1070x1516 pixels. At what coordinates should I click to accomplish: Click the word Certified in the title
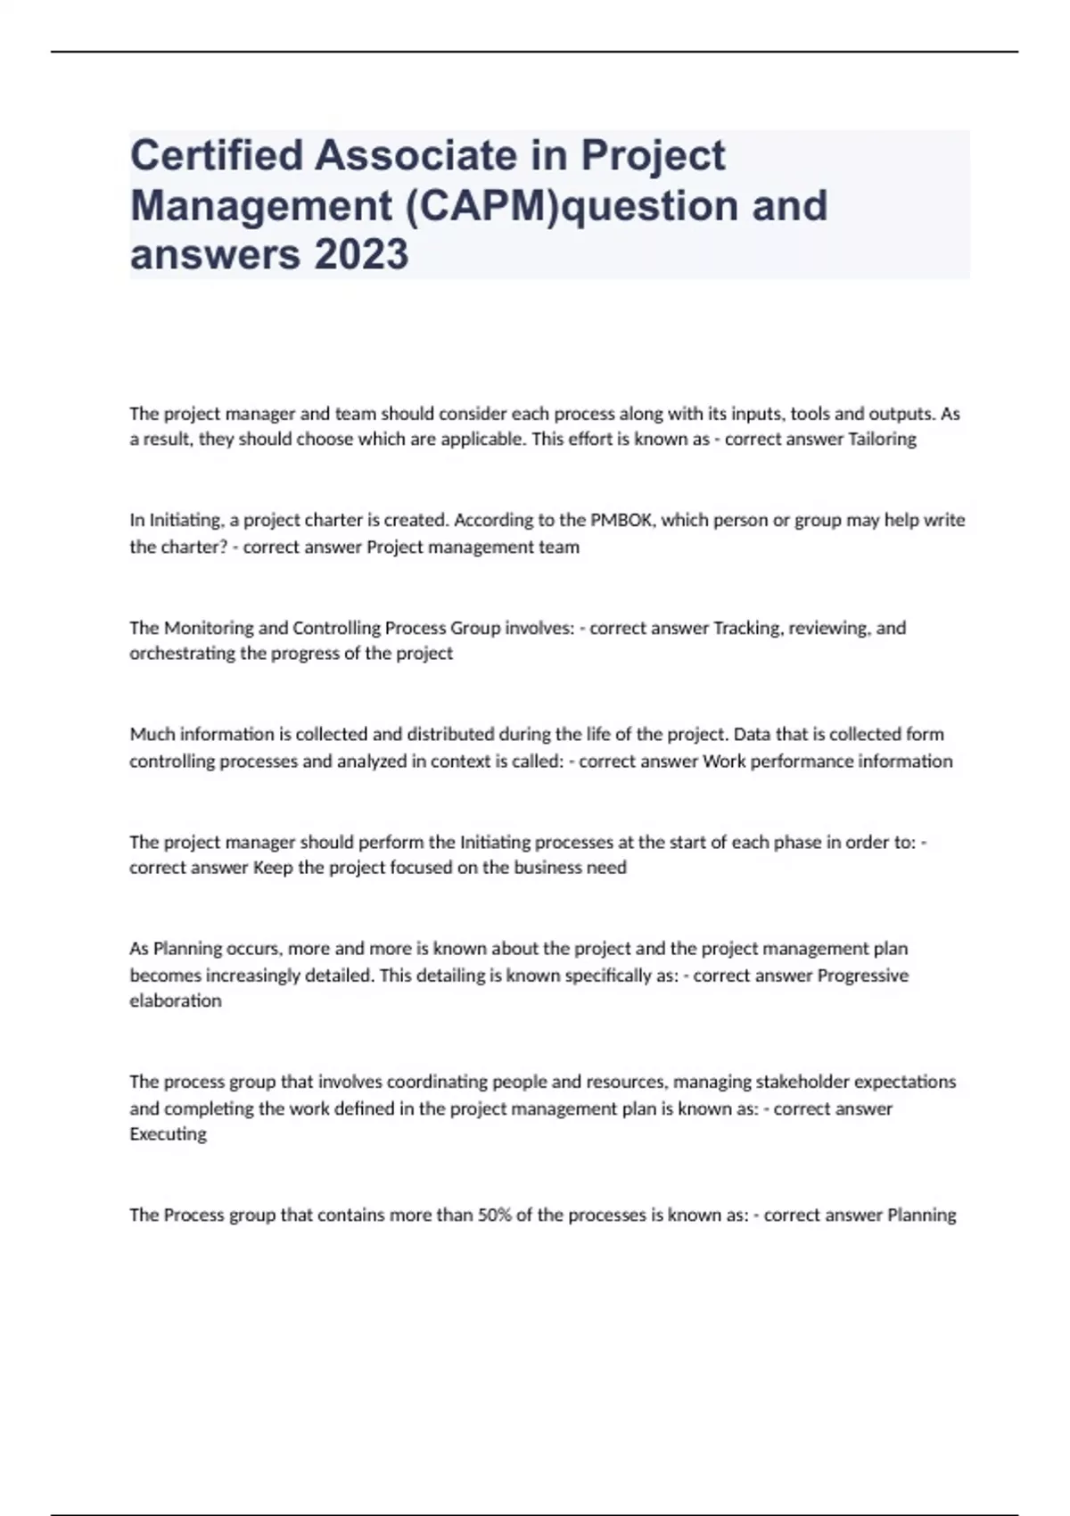pos(216,155)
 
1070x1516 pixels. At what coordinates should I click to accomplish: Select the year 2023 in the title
pos(361,254)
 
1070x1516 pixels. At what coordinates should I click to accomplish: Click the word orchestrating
pos(183,654)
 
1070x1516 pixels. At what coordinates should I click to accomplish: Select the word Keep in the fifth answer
pos(273,868)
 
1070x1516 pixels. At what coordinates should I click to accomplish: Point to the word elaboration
pos(176,1001)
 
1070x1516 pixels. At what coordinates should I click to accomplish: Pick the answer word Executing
pos(168,1134)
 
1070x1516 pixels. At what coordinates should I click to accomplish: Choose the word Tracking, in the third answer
pos(747,628)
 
